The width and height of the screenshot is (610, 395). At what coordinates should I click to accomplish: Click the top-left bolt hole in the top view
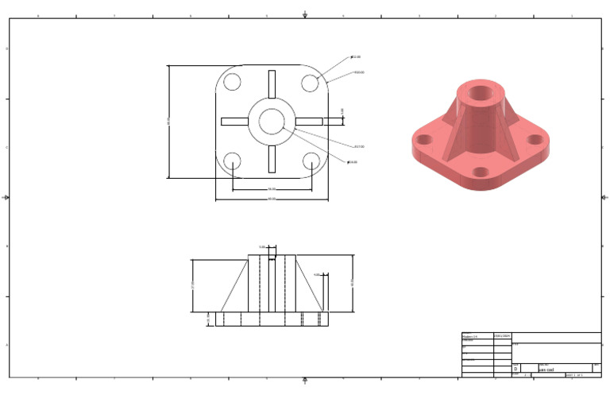point(232,82)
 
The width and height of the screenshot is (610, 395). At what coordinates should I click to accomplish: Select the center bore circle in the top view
point(272,122)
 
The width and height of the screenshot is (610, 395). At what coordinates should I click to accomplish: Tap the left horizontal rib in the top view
point(234,122)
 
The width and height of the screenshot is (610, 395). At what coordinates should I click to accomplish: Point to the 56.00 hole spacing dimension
point(272,188)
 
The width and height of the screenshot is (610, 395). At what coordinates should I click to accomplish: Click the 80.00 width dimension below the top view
point(272,198)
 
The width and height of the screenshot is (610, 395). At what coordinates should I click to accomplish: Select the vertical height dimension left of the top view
point(168,122)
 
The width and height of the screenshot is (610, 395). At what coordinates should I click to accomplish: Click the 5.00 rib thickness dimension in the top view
point(343,111)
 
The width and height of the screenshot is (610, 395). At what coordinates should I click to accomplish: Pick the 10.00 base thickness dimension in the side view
point(208,319)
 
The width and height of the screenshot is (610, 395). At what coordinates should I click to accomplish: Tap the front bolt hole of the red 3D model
point(481,171)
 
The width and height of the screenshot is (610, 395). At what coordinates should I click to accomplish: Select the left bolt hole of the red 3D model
point(425,140)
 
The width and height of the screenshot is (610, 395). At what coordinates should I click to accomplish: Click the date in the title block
point(503,336)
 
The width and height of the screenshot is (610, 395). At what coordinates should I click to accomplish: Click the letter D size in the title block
point(516,369)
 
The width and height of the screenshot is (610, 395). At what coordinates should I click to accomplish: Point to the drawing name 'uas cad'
point(547,370)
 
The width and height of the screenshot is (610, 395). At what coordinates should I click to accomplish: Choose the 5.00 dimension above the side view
point(262,247)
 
